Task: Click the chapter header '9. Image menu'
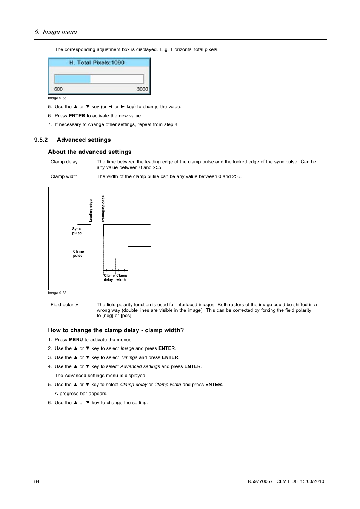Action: coord(55,32)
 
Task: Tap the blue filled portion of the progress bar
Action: coord(72,79)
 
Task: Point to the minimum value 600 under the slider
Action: coord(58,89)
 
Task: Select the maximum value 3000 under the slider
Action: coord(142,89)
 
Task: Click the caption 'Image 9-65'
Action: coord(57,98)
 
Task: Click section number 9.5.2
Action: coord(41,140)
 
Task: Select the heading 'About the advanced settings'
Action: coord(90,152)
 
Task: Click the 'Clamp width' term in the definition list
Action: coord(64,176)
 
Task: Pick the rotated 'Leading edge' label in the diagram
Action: coord(91,210)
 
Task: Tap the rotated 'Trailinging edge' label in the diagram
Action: coord(103,209)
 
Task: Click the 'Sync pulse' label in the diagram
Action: coord(77,231)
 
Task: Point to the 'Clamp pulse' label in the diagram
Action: coord(78,253)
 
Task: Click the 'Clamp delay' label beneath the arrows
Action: coord(109,277)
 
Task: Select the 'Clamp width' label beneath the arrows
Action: coord(122,277)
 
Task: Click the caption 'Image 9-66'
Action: coord(57,293)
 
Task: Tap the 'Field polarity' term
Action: coord(64,305)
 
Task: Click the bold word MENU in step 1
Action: coord(75,340)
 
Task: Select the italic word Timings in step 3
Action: coord(129,357)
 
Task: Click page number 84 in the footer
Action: coord(37,481)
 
